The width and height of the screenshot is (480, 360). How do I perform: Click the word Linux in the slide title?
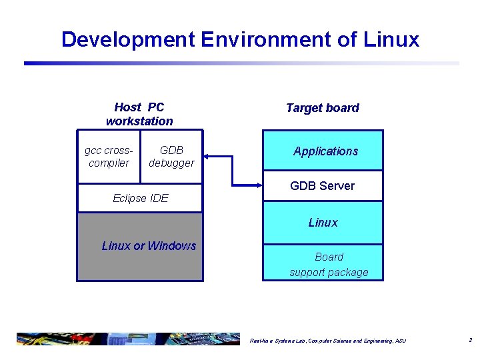click(391, 39)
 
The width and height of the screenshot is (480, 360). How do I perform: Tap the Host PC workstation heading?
click(139, 114)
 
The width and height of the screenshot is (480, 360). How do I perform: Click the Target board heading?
click(322, 108)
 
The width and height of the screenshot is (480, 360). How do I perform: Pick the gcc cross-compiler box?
click(109, 157)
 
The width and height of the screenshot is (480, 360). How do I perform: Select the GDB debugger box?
click(171, 157)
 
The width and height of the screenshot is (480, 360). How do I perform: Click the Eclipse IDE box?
click(140, 198)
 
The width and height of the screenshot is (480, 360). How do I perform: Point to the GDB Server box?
click(323, 186)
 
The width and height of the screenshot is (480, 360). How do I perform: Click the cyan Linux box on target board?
click(323, 223)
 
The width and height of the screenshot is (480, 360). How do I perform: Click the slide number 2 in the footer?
click(470, 340)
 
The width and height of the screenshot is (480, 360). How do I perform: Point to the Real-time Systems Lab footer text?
click(327, 341)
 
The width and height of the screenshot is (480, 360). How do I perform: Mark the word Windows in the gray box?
click(172, 246)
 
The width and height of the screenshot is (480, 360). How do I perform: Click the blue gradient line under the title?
click(240, 63)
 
